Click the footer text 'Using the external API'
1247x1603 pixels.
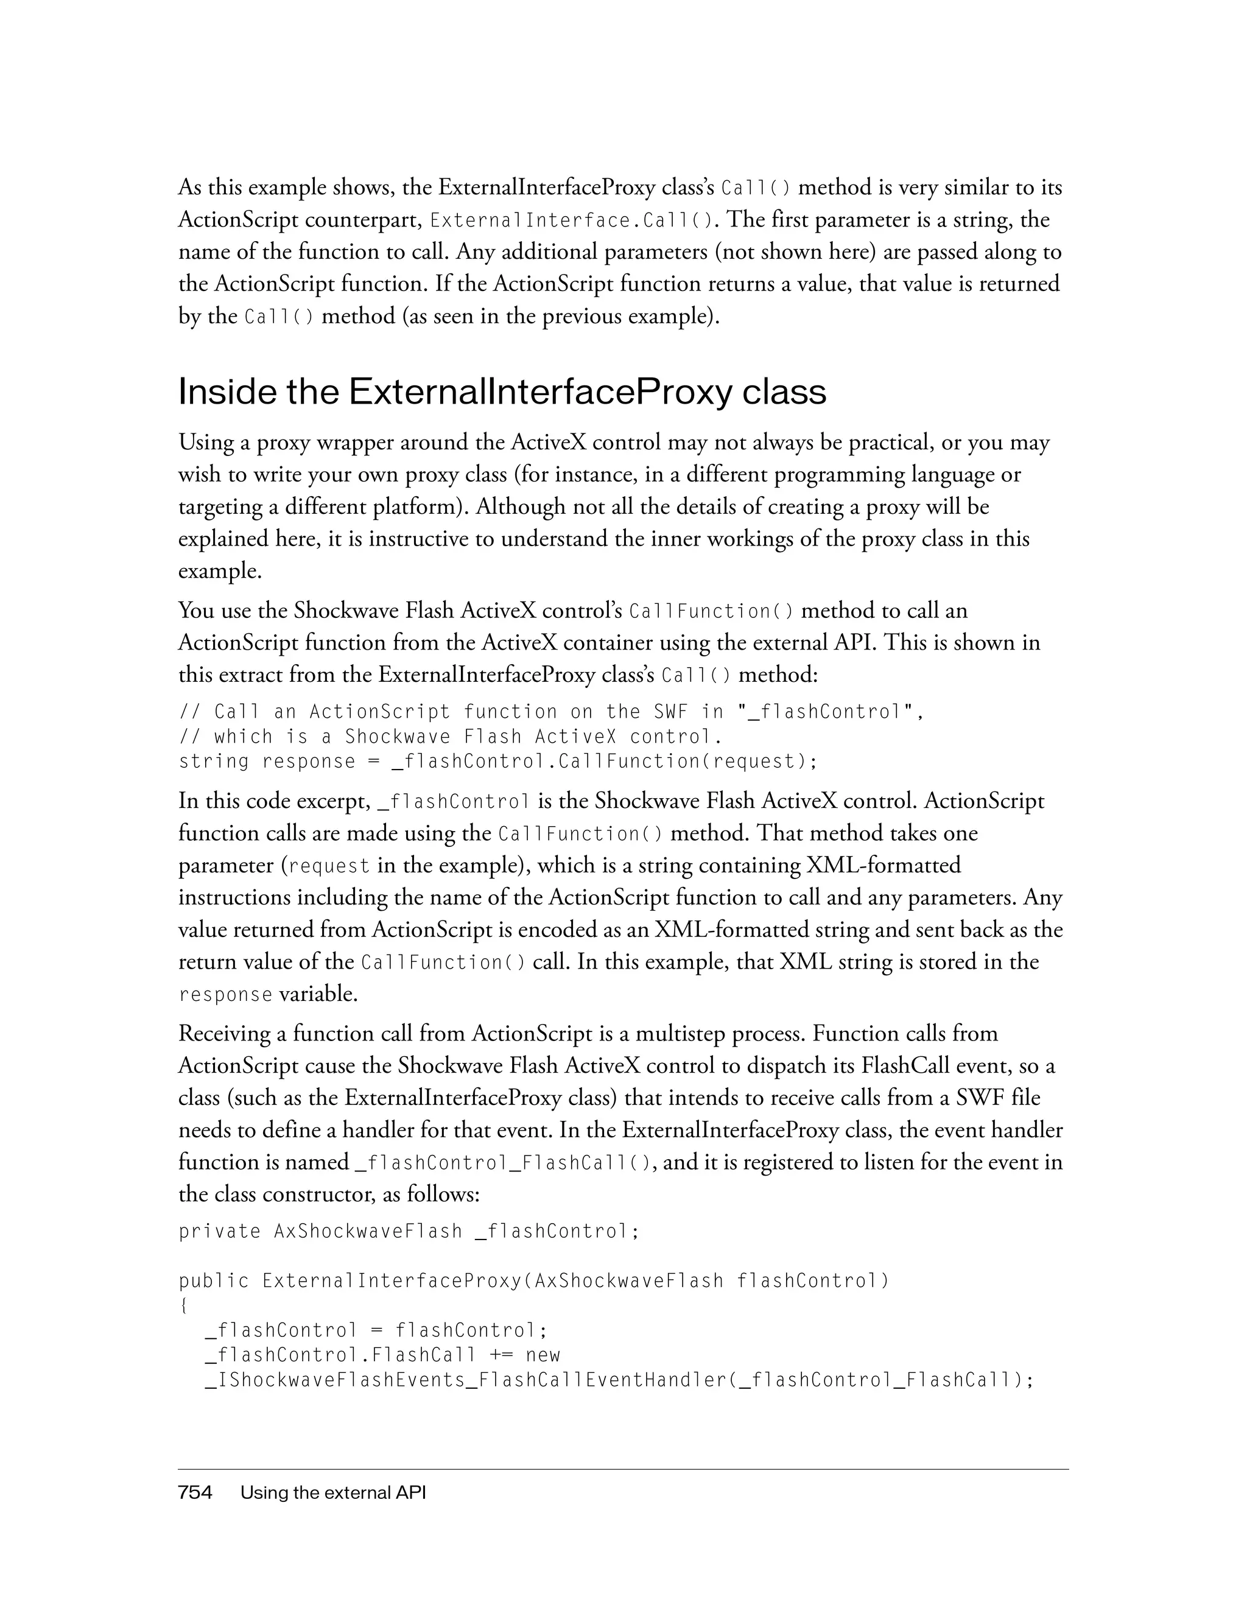tap(333, 1492)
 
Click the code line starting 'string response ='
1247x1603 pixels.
tap(497, 761)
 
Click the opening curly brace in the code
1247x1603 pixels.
tap(183, 1306)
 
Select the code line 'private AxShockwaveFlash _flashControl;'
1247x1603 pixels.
tap(409, 1231)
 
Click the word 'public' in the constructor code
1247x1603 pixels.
tap(214, 1281)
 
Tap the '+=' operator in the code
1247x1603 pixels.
tap(499, 1355)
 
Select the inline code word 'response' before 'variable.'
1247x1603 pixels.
tap(225, 995)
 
